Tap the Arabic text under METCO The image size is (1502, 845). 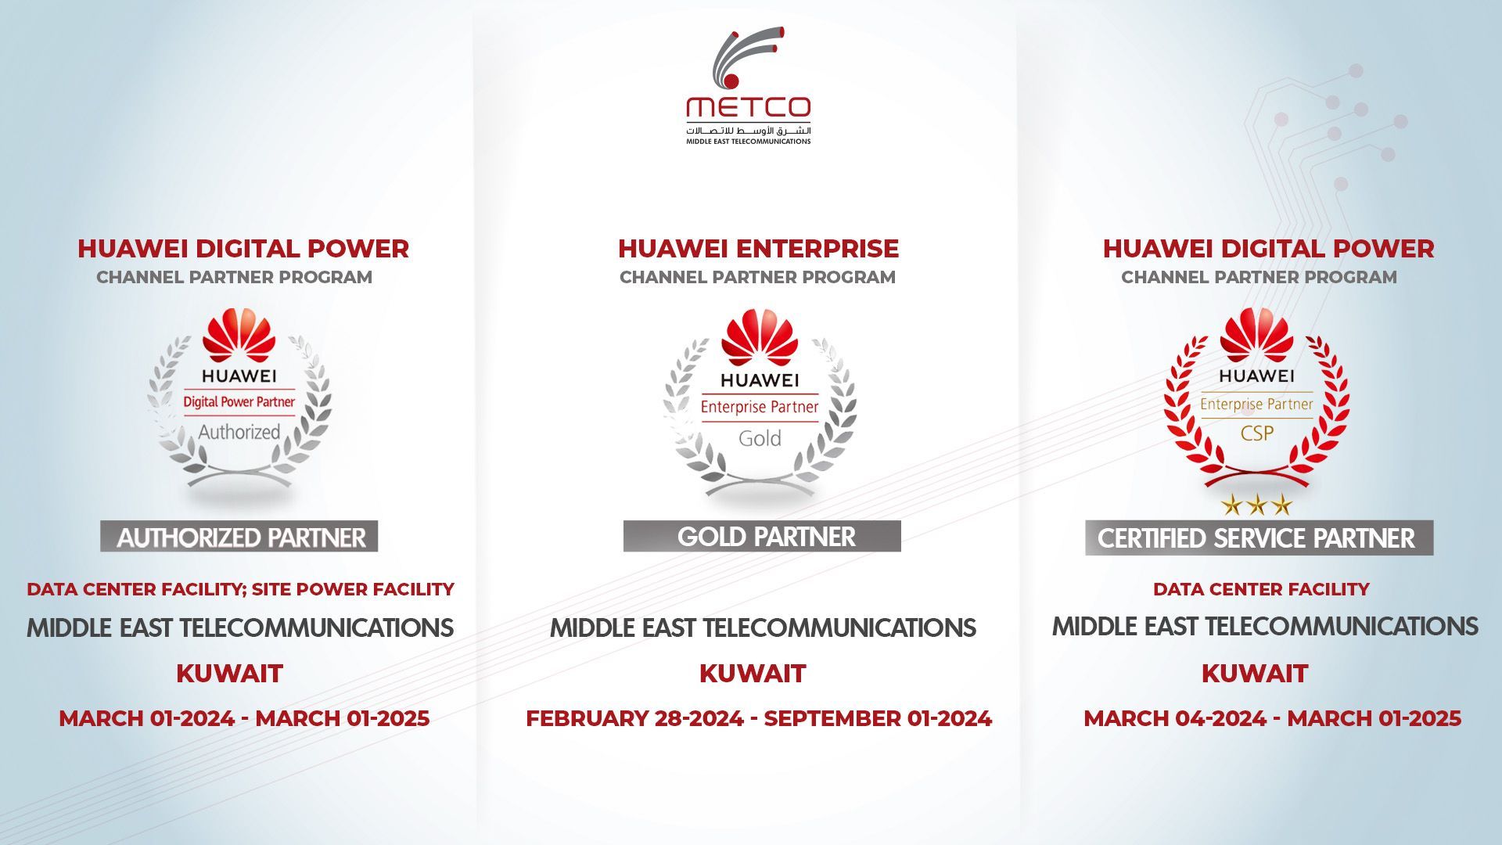pos(749,130)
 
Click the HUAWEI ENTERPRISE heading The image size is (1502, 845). pos(758,249)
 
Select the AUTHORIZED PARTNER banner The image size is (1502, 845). pos(239,538)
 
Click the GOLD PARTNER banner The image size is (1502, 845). pos(762,537)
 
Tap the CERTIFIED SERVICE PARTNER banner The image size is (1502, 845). pos(1258,538)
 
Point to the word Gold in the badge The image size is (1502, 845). pos(760,438)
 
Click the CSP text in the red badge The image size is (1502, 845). pos(1256,433)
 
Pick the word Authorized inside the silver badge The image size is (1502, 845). pos(239,432)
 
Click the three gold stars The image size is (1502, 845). pos(1256,505)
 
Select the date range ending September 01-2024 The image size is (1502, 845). pos(758,718)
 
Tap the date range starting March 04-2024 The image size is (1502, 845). pos(1272,718)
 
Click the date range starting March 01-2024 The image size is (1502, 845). pos(244,718)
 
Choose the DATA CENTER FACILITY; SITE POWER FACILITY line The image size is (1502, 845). pos(240,589)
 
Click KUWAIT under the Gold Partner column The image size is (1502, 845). pos(753,674)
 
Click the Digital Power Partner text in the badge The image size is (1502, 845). pos(239,402)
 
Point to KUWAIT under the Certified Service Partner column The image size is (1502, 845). pos(1255,674)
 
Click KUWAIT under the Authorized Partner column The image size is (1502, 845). pos(229,674)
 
